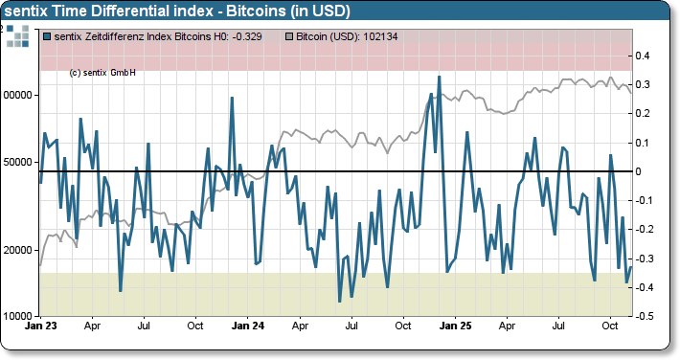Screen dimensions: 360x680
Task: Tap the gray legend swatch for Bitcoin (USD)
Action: pos(291,36)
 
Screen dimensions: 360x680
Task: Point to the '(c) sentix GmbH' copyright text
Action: pos(102,73)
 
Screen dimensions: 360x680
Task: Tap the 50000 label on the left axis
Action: pos(18,162)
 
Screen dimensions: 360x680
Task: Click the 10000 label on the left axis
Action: pos(18,316)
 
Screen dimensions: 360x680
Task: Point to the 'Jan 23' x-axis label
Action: pos(40,326)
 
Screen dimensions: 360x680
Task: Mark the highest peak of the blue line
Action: pos(439,77)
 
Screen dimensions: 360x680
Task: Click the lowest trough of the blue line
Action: pos(340,302)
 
